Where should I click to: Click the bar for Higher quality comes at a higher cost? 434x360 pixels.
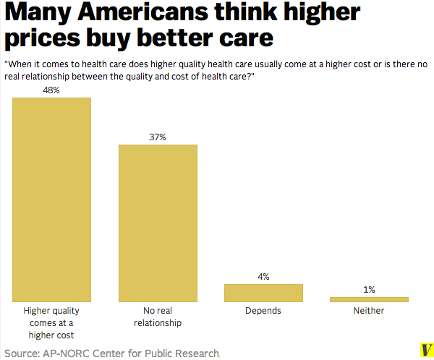click(52, 200)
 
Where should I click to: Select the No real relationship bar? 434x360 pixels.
click(158, 223)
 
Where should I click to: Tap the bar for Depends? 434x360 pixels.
click(263, 293)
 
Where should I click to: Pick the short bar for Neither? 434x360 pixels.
click(369, 299)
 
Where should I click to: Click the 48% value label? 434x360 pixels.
click(52, 90)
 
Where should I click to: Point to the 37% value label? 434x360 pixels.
click(158, 137)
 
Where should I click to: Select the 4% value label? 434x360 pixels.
click(263, 277)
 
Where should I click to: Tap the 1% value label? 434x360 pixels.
click(369, 290)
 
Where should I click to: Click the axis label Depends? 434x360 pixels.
click(263, 311)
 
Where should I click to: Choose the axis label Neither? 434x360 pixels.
click(369, 311)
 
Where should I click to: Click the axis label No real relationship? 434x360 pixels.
click(158, 317)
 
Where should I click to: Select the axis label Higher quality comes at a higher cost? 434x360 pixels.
click(52, 322)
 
